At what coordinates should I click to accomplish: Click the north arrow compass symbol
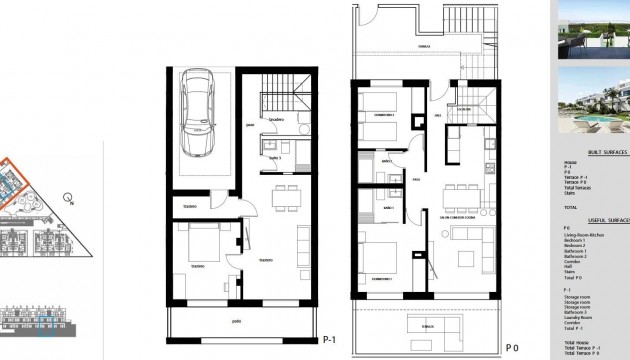67,197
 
